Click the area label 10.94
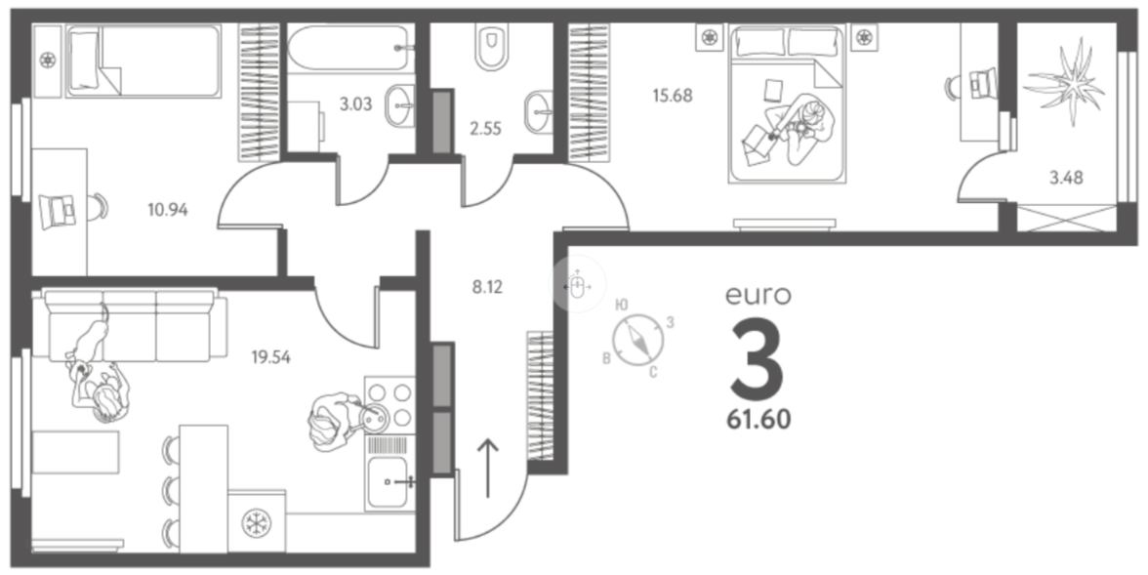point(168,208)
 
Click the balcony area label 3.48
point(1066,178)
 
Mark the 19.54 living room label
point(271,356)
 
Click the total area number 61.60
point(758,421)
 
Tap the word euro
point(758,294)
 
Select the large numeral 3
point(757,357)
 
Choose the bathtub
point(347,46)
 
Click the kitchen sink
point(391,481)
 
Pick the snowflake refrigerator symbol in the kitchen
point(258,521)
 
